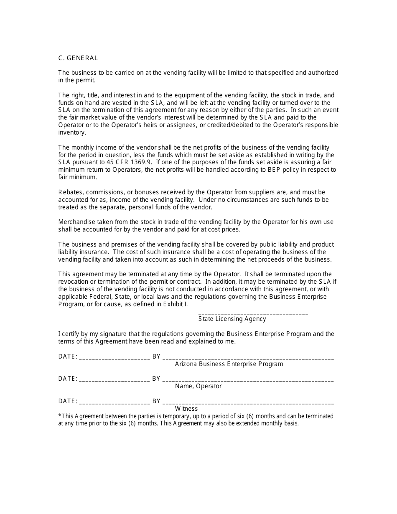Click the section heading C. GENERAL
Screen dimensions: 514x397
click(78, 58)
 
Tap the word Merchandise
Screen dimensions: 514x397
click(75, 222)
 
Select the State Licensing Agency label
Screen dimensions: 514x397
click(232, 319)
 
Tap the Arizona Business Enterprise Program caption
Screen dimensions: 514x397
click(229, 364)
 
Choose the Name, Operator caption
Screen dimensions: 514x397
click(198, 386)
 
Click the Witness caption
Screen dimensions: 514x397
click(186, 408)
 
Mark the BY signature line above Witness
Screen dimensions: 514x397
click(248, 403)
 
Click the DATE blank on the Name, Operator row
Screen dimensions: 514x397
click(114, 381)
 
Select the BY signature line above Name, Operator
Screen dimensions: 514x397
click(248, 381)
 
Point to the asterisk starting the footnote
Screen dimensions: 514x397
click(60, 416)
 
